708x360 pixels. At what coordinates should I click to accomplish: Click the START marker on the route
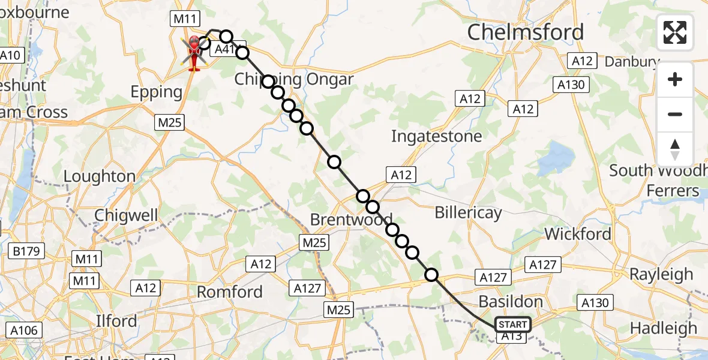512,325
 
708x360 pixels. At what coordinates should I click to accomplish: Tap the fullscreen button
675,32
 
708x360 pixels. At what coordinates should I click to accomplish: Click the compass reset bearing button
675,149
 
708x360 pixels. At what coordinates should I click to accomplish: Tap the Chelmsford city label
525,32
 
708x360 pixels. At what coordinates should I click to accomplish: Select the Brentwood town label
351,220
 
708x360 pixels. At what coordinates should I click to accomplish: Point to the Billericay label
468,212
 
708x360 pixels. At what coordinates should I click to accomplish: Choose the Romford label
230,292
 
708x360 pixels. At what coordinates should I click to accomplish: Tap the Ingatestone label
436,136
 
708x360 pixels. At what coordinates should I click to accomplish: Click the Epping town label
157,92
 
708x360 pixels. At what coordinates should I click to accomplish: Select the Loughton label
99,176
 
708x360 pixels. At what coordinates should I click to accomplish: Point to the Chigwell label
126,215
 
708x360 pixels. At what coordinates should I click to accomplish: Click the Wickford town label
579,233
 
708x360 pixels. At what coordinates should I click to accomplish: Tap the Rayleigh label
661,274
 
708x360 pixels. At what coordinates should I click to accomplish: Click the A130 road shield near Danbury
570,85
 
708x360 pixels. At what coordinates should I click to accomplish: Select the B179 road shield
28,250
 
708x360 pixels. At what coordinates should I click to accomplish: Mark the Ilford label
116,320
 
